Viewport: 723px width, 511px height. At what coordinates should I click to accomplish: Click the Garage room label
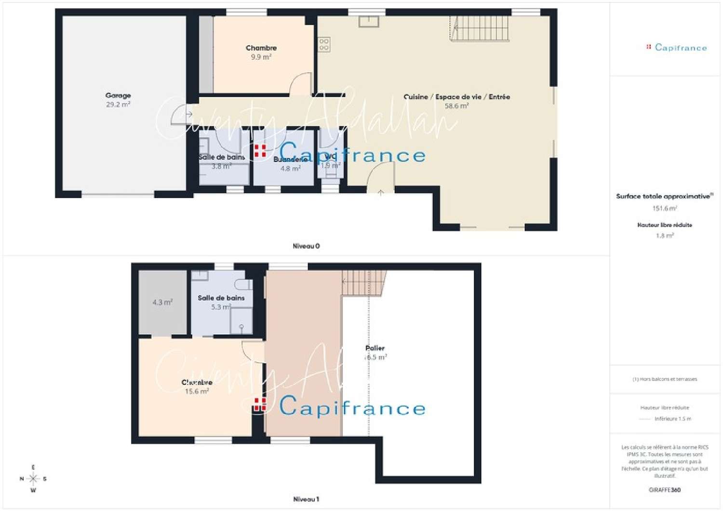pos(118,95)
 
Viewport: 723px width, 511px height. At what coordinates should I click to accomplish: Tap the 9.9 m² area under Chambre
pos(261,57)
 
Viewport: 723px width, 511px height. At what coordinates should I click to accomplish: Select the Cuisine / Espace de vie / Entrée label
pos(456,97)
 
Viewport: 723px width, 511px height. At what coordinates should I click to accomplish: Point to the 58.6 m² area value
pos(456,106)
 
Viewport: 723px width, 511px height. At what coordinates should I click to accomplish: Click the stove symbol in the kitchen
pos(324,45)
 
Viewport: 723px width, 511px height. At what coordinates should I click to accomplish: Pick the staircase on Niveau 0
pos(480,28)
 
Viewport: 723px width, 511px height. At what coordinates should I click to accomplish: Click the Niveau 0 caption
pos(306,246)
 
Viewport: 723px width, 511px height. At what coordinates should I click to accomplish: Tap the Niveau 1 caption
pos(306,499)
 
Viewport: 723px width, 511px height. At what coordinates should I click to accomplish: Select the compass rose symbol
pos(33,479)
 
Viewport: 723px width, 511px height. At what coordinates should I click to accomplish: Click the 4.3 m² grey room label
pos(162,302)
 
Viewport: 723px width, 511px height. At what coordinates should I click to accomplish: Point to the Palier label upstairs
pos(375,348)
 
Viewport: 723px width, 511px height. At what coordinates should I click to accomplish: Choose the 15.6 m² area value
pos(197,392)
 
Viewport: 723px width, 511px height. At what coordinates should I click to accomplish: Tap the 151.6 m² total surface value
pos(665,209)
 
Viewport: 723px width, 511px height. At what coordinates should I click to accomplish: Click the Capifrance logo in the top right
pos(677,47)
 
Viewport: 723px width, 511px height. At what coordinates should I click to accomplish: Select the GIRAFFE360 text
pos(665,490)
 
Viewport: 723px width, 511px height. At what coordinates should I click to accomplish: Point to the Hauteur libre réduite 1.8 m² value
pos(665,236)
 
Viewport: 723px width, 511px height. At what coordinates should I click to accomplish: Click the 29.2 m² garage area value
pos(118,105)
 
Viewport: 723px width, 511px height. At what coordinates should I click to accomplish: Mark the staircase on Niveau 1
pos(364,283)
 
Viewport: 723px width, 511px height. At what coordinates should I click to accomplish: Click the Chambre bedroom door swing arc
pos(301,83)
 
